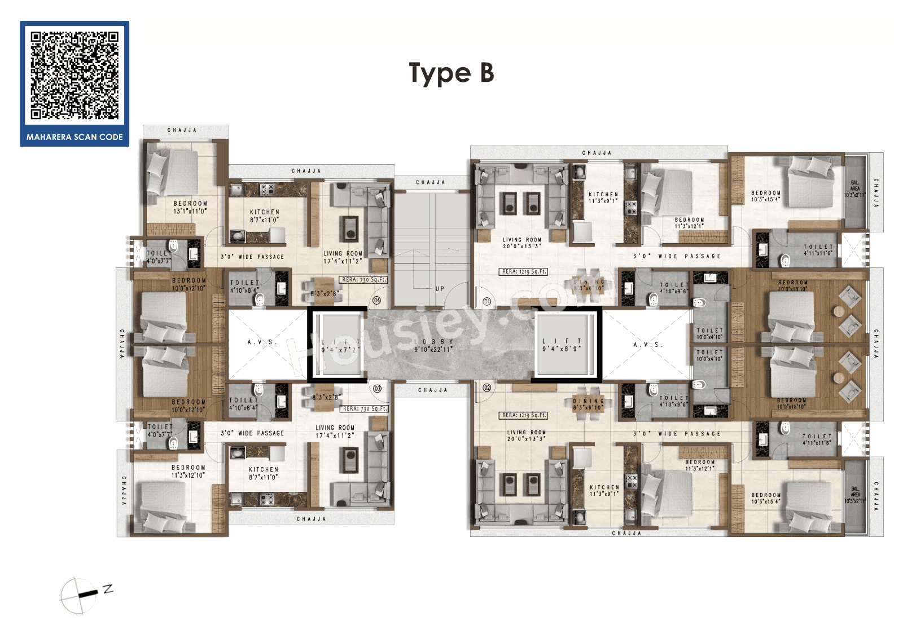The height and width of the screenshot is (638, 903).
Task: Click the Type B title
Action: (451, 73)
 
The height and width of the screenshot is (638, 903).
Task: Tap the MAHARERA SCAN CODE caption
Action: (74, 137)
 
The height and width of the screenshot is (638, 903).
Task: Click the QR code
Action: (74, 76)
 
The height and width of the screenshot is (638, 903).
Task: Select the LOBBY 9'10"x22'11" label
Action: (433, 346)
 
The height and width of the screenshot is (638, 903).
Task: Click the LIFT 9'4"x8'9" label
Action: (562, 345)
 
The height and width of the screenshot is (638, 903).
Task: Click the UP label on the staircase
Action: (440, 289)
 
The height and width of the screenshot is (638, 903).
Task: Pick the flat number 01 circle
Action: (487, 302)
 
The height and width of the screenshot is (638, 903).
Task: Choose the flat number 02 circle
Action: (487, 388)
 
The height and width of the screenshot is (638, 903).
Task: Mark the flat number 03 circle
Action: (378, 389)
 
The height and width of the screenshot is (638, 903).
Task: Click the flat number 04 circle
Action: (377, 301)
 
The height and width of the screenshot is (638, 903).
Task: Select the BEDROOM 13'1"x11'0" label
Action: (190, 208)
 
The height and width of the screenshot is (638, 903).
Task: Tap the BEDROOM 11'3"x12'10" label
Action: (189, 472)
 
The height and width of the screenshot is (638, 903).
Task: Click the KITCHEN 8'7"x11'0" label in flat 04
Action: (265, 216)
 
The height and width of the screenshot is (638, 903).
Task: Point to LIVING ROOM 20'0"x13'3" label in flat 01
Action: (522, 243)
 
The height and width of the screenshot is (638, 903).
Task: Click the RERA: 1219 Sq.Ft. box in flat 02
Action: (524, 415)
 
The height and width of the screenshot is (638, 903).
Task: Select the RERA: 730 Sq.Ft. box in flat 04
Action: (364, 280)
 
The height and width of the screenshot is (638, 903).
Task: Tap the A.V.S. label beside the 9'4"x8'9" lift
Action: (648, 345)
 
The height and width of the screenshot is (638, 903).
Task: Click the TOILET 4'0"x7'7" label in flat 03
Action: (160, 431)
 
